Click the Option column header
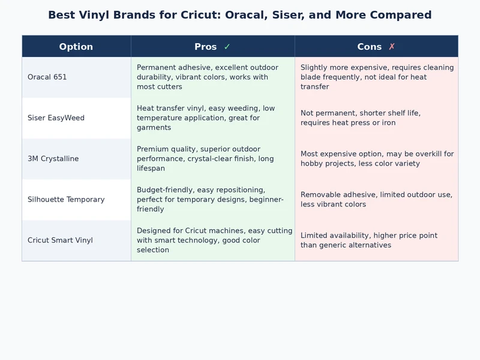click(x=76, y=47)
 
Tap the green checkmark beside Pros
click(x=227, y=47)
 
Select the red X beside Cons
click(x=392, y=47)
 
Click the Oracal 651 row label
click(x=47, y=77)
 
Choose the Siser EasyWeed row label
click(x=56, y=118)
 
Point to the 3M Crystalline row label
click(x=53, y=159)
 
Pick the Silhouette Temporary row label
click(x=66, y=200)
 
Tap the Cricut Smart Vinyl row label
click(x=60, y=241)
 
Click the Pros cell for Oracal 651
click(x=212, y=77)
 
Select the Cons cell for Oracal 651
click(x=376, y=77)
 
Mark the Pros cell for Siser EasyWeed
click(x=212, y=118)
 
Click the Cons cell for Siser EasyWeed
click(x=376, y=118)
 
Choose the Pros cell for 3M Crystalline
click(x=212, y=159)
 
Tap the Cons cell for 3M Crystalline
click(x=376, y=159)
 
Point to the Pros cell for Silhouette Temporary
click(x=212, y=200)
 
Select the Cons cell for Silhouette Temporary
click(x=376, y=200)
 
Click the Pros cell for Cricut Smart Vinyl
click(x=212, y=241)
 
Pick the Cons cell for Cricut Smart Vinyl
click(x=376, y=241)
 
